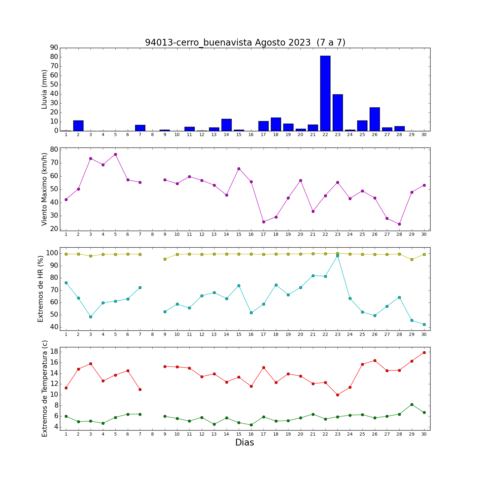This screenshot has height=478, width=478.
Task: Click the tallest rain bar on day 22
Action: pos(325,93)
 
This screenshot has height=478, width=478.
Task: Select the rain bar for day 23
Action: pos(338,113)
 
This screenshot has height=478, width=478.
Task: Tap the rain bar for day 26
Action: pos(375,119)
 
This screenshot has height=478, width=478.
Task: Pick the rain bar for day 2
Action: pos(78,126)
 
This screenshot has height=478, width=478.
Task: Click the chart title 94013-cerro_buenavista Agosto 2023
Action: pos(228,42)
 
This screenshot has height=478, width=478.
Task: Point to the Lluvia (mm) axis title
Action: pos(45,89)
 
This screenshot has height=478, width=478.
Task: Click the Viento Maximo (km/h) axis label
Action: pos(45,189)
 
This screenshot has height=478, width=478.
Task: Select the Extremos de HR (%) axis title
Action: pos(41,289)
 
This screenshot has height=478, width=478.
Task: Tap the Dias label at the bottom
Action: pos(245,443)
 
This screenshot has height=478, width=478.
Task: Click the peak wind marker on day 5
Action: pos(115,155)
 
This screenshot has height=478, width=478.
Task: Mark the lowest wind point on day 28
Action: pos(399,224)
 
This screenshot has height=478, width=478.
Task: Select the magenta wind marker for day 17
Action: pos(264,222)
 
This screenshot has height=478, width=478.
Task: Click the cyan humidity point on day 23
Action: pos(337,256)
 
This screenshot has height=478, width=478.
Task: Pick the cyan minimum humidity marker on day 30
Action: pos(424,324)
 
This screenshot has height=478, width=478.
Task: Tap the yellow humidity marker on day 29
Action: pos(412,259)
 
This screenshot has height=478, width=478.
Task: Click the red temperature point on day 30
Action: pos(424,352)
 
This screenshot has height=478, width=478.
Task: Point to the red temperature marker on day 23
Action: pos(337,395)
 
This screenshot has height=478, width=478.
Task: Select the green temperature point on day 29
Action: pos(412,404)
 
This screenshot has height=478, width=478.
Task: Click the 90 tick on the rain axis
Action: pos(54,47)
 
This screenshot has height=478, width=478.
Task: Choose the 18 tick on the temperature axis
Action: pos(54,351)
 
